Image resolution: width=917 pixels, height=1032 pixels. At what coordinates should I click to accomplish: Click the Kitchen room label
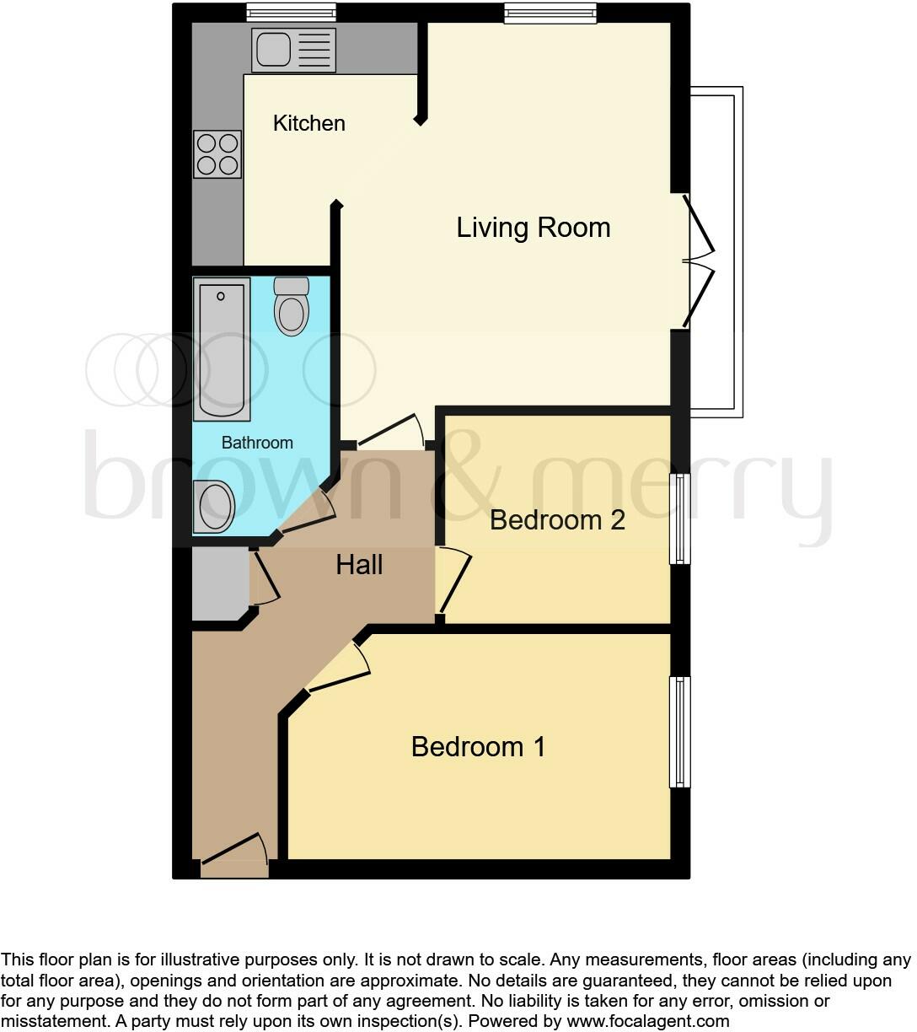[308, 123]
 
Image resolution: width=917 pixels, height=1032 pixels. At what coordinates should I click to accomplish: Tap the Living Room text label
[533, 228]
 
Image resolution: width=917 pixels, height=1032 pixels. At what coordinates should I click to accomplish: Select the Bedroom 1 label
[478, 747]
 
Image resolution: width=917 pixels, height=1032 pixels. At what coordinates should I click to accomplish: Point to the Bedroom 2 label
[557, 519]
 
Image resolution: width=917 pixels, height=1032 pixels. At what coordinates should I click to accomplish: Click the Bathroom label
[257, 443]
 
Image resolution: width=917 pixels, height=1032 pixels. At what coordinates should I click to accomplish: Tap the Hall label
[359, 565]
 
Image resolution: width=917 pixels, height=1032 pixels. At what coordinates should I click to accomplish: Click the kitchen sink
[292, 49]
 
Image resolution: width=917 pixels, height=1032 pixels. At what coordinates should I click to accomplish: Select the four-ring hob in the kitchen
[217, 154]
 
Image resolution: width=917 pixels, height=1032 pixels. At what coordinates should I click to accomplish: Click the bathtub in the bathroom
[222, 349]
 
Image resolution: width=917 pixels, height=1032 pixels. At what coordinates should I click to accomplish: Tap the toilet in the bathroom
[292, 306]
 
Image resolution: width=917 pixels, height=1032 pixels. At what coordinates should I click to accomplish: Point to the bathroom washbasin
[214, 507]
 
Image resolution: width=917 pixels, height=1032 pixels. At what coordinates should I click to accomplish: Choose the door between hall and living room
[390, 431]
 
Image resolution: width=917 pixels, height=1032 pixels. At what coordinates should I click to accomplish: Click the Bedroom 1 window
[679, 731]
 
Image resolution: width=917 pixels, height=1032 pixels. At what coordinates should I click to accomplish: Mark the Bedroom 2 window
[679, 519]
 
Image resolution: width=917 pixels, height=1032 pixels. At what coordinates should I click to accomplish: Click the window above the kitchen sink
[291, 12]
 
